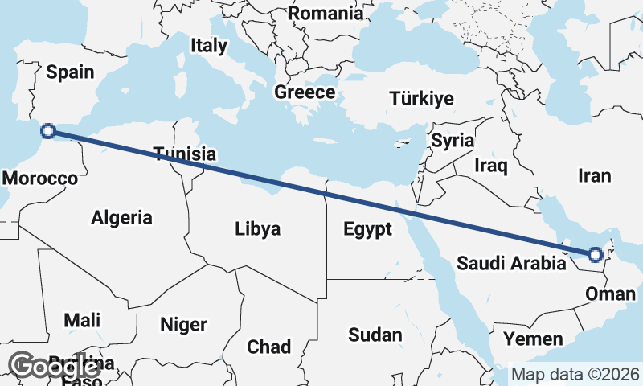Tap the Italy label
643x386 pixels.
(x=209, y=46)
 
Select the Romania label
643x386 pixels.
(x=326, y=14)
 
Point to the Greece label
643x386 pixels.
(x=305, y=92)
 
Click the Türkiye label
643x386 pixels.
(x=421, y=99)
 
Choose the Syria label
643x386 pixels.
(x=453, y=141)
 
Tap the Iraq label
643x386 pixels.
(x=491, y=166)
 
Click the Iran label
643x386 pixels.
(x=595, y=175)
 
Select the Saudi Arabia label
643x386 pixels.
(x=510, y=262)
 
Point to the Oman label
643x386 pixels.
(x=604, y=294)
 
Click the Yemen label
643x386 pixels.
(x=533, y=339)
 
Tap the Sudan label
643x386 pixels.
(x=375, y=335)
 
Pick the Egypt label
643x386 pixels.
(x=367, y=229)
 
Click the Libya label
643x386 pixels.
(x=258, y=229)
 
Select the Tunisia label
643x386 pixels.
(x=185, y=154)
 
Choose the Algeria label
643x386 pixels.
(x=121, y=217)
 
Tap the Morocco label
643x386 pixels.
(x=39, y=178)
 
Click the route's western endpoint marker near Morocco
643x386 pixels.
(x=48, y=131)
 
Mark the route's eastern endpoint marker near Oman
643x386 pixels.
(x=595, y=256)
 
